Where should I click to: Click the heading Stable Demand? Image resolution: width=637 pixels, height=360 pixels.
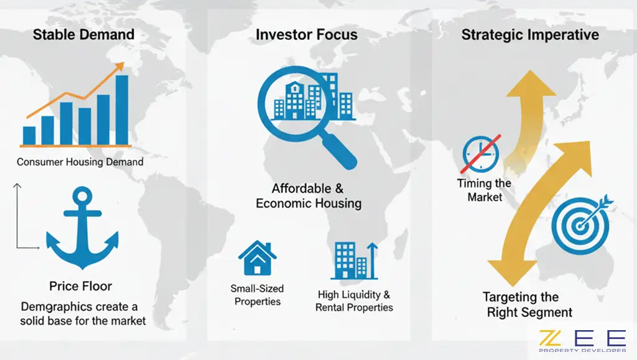(x=83, y=34)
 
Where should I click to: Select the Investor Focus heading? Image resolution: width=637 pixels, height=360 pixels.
(x=307, y=34)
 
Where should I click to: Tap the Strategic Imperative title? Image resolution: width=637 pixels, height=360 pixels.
(x=530, y=35)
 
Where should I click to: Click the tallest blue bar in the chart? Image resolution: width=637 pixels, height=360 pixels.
(x=122, y=110)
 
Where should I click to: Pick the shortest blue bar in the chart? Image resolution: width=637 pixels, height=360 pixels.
(x=29, y=136)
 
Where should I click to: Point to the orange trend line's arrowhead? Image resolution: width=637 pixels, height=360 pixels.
(x=119, y=67)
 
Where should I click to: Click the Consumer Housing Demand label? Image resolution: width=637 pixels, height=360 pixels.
(x=80, y=162)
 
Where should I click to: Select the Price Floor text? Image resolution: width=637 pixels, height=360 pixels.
(x=80, y=286)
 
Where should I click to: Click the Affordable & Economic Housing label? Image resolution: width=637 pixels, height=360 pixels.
(x=309, y=196)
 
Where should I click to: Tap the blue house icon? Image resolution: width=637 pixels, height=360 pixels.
(x=257, y=258)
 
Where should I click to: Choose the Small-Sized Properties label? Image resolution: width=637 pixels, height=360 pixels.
(x=257, y=295)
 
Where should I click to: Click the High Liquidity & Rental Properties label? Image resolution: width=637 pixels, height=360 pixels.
(x=354, y=301)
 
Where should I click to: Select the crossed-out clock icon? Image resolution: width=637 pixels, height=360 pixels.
(x=481, y=154)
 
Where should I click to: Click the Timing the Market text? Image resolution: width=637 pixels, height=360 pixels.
(x=484, y=190)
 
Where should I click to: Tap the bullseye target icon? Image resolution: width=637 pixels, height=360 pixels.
(x=581, y=224)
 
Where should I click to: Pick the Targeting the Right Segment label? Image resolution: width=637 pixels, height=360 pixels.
(x=526, y=305)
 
